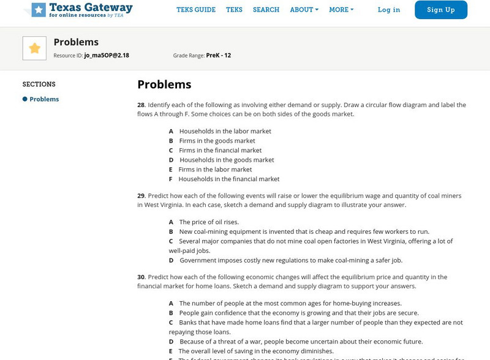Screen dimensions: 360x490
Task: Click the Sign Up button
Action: point(440,10)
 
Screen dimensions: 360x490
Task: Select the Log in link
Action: point(389,10)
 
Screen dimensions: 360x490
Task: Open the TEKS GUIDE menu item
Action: point(196,10)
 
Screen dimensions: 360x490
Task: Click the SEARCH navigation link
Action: point(266,10)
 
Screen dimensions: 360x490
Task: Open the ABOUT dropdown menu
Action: point(304,10)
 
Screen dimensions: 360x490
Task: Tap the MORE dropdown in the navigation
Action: point(341,10)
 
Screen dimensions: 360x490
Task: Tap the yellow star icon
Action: point(34,48)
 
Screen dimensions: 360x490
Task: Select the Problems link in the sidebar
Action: point(44,99)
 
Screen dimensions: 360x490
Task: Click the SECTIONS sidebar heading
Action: point(39,84)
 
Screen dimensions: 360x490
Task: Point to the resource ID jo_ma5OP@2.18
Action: point(107,56)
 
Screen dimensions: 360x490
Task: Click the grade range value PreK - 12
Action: point(219,56)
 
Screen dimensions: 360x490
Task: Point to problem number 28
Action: point(141,105)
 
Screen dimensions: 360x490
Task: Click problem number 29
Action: point(141,196)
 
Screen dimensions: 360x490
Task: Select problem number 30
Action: point(141,277)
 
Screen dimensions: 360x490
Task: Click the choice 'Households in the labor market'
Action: point(225,131)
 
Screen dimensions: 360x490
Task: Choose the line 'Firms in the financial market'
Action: point(220,150)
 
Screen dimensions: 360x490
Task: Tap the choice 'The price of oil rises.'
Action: point(209,222)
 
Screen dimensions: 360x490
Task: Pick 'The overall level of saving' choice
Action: point(255,351)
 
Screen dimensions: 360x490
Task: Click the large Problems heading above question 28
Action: point(164,84)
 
